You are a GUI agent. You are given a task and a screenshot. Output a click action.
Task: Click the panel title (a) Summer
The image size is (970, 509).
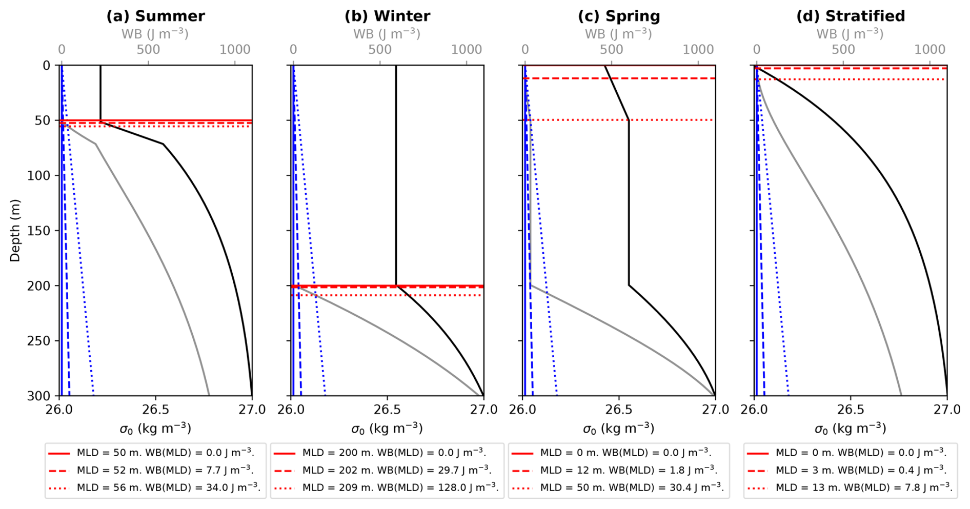pyautogui.click(x=155, y=16)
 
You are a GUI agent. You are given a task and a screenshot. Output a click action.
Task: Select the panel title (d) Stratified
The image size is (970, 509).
pyautogui.click(x=851, y=16)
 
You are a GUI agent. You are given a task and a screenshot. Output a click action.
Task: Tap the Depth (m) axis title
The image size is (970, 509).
pyautogui.click(x=14, y=230)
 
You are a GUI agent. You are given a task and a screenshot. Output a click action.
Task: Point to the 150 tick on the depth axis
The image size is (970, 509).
pyautogui.click(x=38, y=231)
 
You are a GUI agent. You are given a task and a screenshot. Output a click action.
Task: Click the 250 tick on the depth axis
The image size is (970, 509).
pyautogui.click(x=38, y=341)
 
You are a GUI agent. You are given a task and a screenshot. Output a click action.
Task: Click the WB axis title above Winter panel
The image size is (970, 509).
pyautogui.click(x=387, y=34)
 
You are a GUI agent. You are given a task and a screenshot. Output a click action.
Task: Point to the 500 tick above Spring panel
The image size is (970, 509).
pyautogui.click(x=612, y=50)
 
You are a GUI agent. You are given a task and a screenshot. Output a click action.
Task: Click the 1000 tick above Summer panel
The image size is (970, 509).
pyautogui.click(x=235, y=50)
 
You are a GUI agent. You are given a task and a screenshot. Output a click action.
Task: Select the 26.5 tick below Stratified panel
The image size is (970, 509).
pyautogui.click(x=851, y=410)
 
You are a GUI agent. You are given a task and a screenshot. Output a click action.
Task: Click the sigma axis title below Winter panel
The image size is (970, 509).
pyautogui.click(x=387, y=429)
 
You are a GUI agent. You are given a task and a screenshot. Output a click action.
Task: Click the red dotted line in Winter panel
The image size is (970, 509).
pyautogui.click(x=436, y=295)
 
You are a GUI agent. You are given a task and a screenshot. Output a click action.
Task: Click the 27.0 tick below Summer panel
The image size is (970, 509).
pyautogui.click(x=252, y=410)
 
